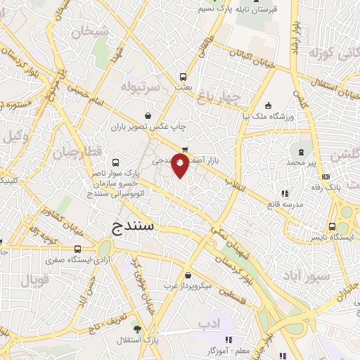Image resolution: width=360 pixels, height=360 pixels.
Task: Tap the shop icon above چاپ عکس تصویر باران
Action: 148,116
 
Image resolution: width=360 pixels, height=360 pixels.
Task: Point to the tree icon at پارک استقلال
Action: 137,329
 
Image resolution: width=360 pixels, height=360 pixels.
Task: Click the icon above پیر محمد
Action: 302,152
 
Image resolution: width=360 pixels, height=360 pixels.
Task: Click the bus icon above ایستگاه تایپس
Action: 331,226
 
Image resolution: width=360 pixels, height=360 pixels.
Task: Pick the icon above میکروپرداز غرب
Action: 187,275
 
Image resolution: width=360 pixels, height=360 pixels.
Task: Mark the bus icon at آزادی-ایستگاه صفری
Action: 77,249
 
